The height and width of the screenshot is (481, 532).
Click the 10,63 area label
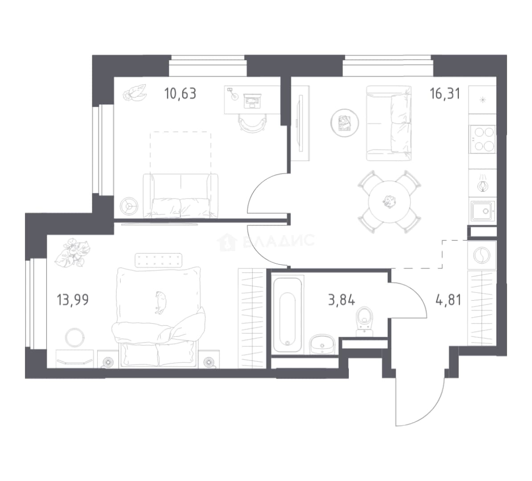pyautogui.click(x=180, y=93)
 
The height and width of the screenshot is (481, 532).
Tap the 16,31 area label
pyautogui.click(x=445, y=93)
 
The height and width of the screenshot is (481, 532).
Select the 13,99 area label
pyautogui.click(x=73, y=300)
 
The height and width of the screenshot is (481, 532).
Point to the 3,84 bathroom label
pyautogui.click(x=341, y=300)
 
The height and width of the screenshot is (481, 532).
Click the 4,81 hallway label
pyautogui.click(x=448, y=300)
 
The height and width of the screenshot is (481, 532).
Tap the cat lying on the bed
pyautogui.click(x=160, y=302)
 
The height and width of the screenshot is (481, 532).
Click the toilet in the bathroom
pyautogui.click(x=364, y=321)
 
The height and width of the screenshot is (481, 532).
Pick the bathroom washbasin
pyautogui.click(x=322, y=344)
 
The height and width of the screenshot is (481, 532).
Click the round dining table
pyautogui.click(x=389, y=201)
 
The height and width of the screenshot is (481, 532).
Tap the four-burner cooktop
pyautogui.click(x=482, y=139)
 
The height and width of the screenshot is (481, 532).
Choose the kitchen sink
pyautogui.click(x=482, y=211)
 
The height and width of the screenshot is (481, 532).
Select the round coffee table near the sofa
pyautogui.click(x=345, y=122)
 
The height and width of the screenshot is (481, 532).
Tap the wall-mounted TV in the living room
pyautogui.click(x=300, y=124)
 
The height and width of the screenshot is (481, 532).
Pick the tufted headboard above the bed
pyautogui.click(x=159, y=260)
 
